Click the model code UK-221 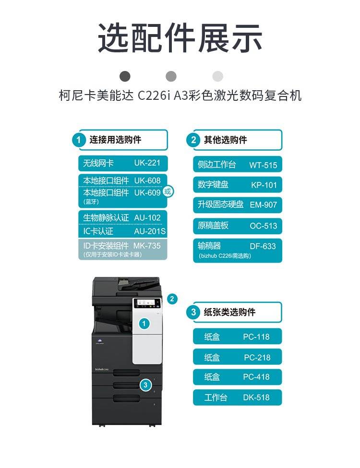pyautogui.click(x=147, y=163)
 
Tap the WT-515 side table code pyautogui.click(x=263, y=165)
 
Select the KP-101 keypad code pyautogui.click(x=264, y=185)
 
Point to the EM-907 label pyautogui.click(x=264, y=205)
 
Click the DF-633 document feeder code pyautogui.click(x=263, y=246)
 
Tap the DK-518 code pyautogui.click(x=256, y=397)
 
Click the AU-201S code pyautogui.click(x=150, y=231)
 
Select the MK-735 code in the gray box pyautogui.click(x=147, y=246)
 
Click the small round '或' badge pyautogui.click(x=168, y=192)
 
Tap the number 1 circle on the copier pyautogui.click(x=144, y=324)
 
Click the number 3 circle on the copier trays pyautogui.click(x=145, y=385)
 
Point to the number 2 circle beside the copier pyautogui.click(x=172, y=299)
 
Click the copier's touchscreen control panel pyautogui.click(x=146, y=303)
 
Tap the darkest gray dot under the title pyautogui.click(x=125, y=76)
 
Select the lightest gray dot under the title pyautogui.click(x=217, y=76)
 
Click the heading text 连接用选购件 pyautogui.click(x=115, y=140)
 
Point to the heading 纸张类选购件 pyautogui.click(x=229, y=312)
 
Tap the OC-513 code pyautogui.click(x=264, y=226)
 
